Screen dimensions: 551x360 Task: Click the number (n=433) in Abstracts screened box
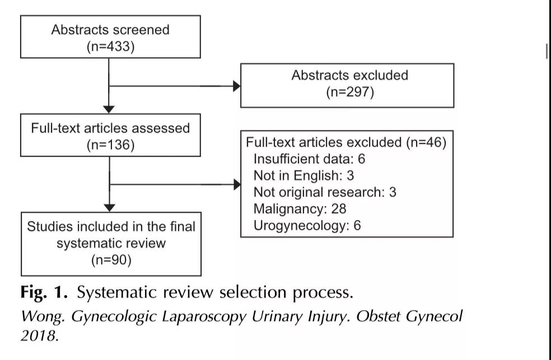click(x=111, y=46)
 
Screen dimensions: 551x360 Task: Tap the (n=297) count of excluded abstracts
click(x=350, y=92)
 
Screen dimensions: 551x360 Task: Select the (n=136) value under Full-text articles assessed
click(x=111, y=144)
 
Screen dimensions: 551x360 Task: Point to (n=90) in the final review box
click(x=111, y=260)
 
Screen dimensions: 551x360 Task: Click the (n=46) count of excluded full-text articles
click(x=426, y=142)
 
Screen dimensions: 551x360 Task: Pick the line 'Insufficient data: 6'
click(x=309, y=159)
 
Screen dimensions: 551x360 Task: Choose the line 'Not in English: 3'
click(x=303, y=175)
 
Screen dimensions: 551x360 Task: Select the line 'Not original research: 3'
click(x=325, y=192)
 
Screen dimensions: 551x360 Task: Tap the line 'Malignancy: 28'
click(x=300, y=209)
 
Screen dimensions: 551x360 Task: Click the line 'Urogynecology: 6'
click(x=307, y=226)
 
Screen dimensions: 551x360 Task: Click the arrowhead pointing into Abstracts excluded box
click(x=237, y=86)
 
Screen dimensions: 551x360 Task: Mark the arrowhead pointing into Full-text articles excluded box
click(x=237, y=184)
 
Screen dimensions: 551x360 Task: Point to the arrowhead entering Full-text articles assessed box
click(x=109, y=110)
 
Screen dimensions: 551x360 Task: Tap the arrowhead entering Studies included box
click(x=110, y=208)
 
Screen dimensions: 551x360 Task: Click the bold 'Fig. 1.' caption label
click(x=44, y=292)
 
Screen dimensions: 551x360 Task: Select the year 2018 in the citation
click(x=39, y=335)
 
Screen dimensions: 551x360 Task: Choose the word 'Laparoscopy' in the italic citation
click(x=204, y=317)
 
